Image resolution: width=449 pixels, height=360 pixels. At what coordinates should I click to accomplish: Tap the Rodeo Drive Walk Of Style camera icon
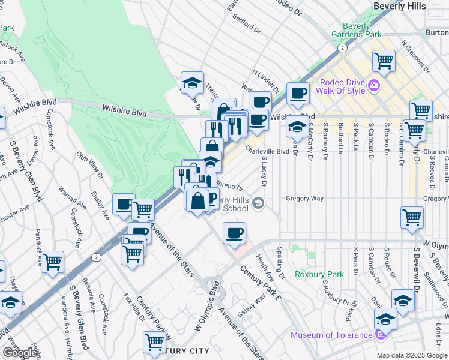coord(374,85)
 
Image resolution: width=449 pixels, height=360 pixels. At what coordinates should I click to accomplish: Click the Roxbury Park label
coord(319,275)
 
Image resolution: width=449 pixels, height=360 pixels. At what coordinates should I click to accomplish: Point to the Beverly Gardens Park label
coord(362,30)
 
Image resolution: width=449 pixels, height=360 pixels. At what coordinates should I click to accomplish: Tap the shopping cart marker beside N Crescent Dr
coord(384,60)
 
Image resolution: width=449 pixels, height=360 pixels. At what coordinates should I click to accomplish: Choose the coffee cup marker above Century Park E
coord(234,232)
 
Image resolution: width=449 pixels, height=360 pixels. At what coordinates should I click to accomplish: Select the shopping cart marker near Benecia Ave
coord(52,261)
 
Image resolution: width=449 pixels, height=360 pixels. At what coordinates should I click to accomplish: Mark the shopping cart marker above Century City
coord(154,341)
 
